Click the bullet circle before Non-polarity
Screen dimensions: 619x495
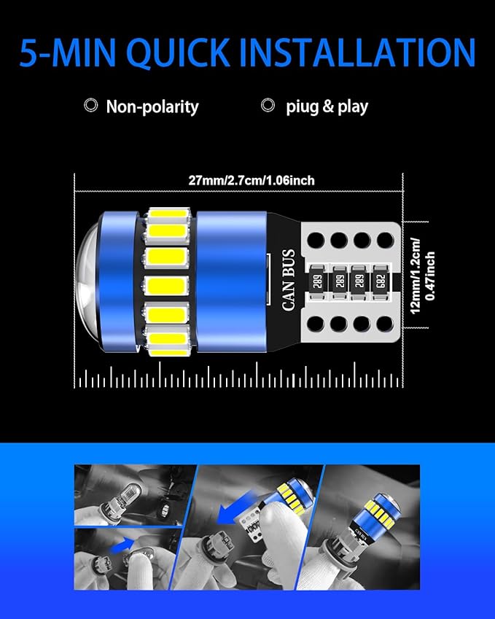coord(91,106)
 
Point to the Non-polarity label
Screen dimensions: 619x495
coord(152,106)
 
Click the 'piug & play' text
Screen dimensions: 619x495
coord(327,106)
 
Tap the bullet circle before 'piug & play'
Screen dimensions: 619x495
coord(269,106)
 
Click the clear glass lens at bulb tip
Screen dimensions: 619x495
coord(87,279)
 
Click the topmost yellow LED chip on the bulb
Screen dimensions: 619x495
coord(169,217)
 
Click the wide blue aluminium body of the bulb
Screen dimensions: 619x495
coord(230,280)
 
